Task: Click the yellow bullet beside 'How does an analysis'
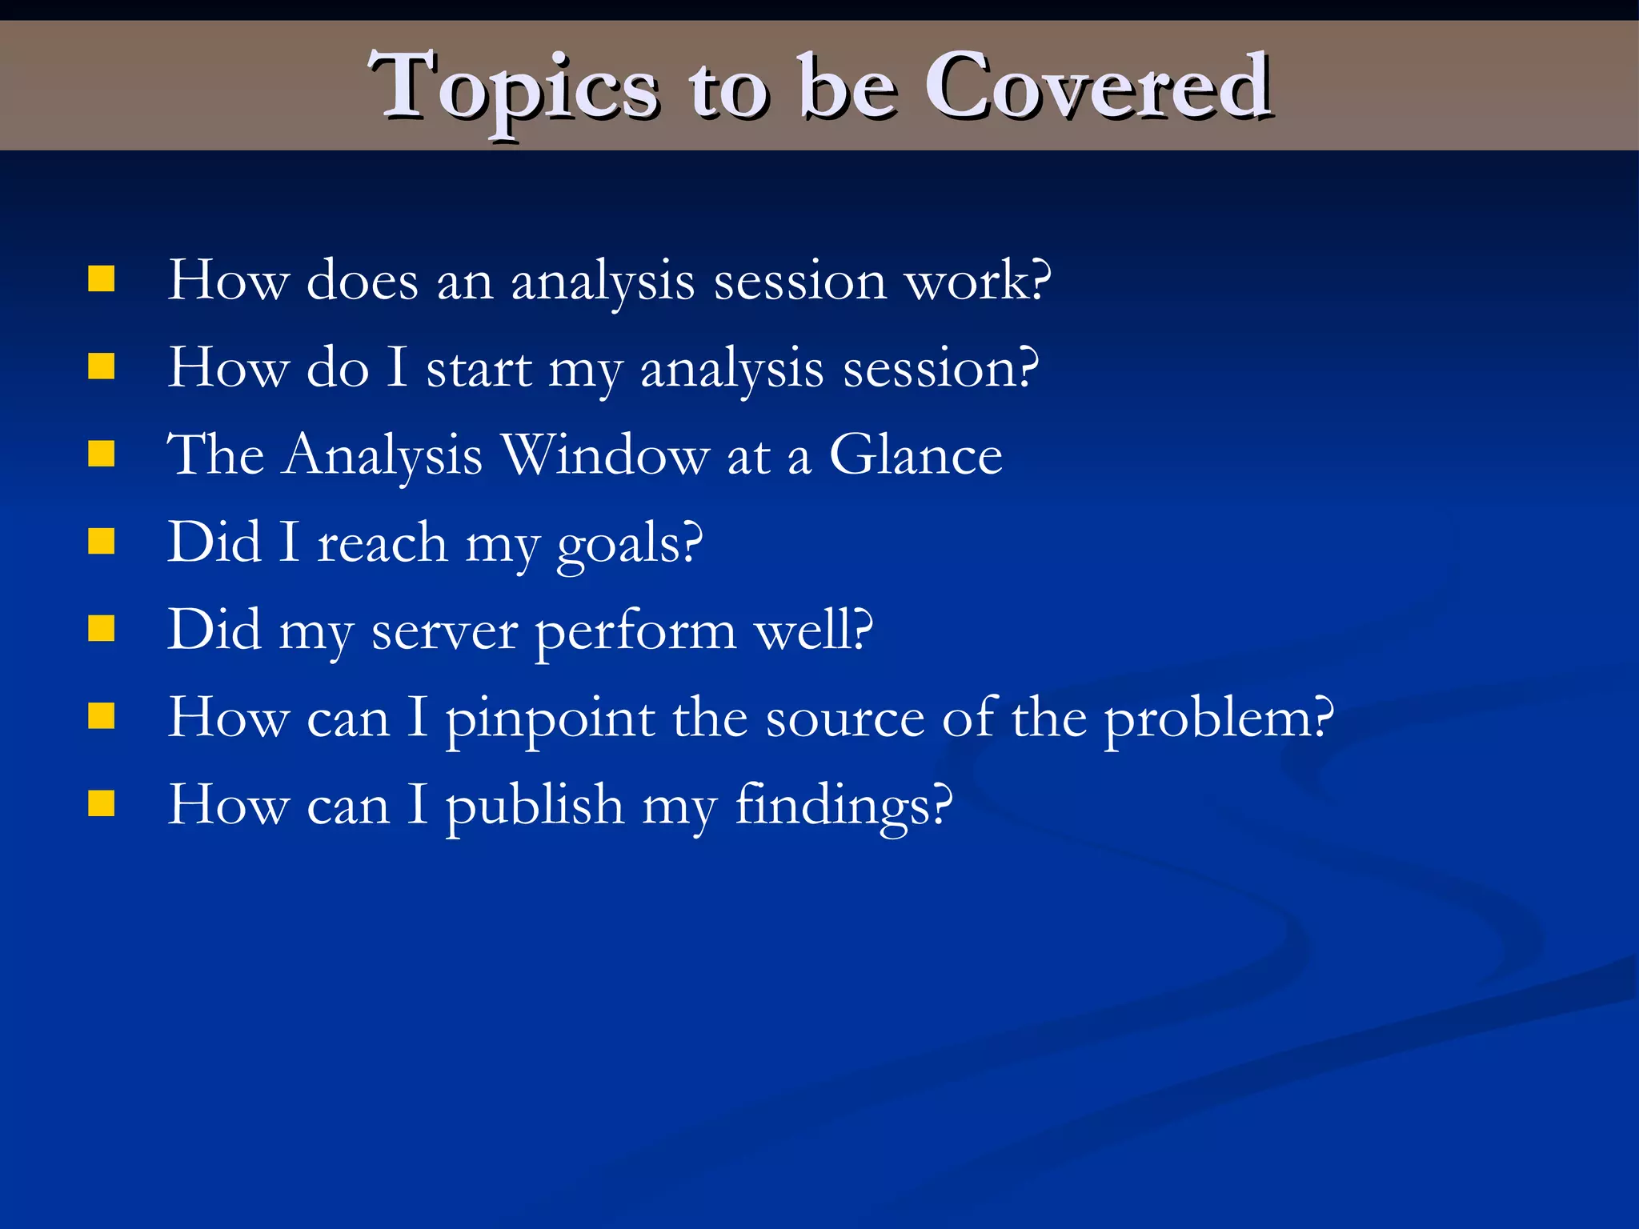pyautogui.click(x=102, y=279)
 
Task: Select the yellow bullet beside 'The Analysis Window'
pyautogui.click(x=102, y=454)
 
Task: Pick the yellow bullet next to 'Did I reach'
pyautogui.click(x=102, y=541)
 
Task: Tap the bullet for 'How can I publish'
pyautogui.click(x=102, y=803)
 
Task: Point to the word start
pyautogui.click(x=479, y=369)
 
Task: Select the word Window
pyautogui.click(x=605, y=455)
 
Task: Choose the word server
pyautogui.click(x=444, y=631)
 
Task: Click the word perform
pyautogui.click(x=635, y=631)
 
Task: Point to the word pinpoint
pyautogui.click(x=550, y=719)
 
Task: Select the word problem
pyautogui.click(x=1218, y=719)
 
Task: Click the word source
pyautogui.click(x=844, y=719)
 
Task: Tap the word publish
pyautogui.click(x=535, y=805)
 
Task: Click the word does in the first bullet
pyautogui.click(x=362, y=281)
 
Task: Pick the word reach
pyautogui.click(x=382, y=543)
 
